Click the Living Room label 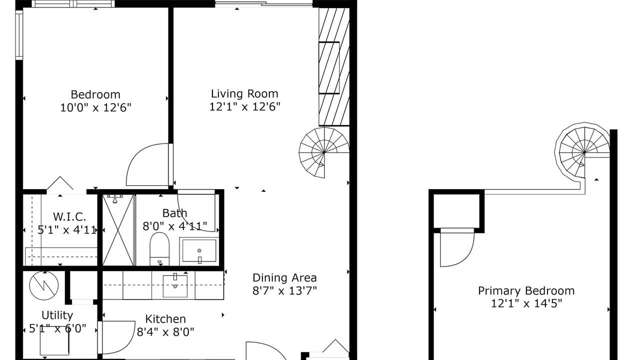coord(244,93)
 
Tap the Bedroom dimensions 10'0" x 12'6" coord(95,107)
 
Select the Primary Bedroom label coord(526,291)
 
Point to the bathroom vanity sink coord(199,251)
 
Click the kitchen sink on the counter coord(175,285)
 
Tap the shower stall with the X coord(118,230)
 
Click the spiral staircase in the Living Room coord(324,152)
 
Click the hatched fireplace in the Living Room coord(334,66)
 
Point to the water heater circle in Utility coord(43,285)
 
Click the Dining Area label coord(284,277)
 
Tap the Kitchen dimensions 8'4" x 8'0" coord(165,332)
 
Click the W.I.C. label coord(69,217)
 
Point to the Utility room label coord(57,315)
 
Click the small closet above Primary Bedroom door coord(456,211)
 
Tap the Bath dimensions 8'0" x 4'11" coord(175,226)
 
